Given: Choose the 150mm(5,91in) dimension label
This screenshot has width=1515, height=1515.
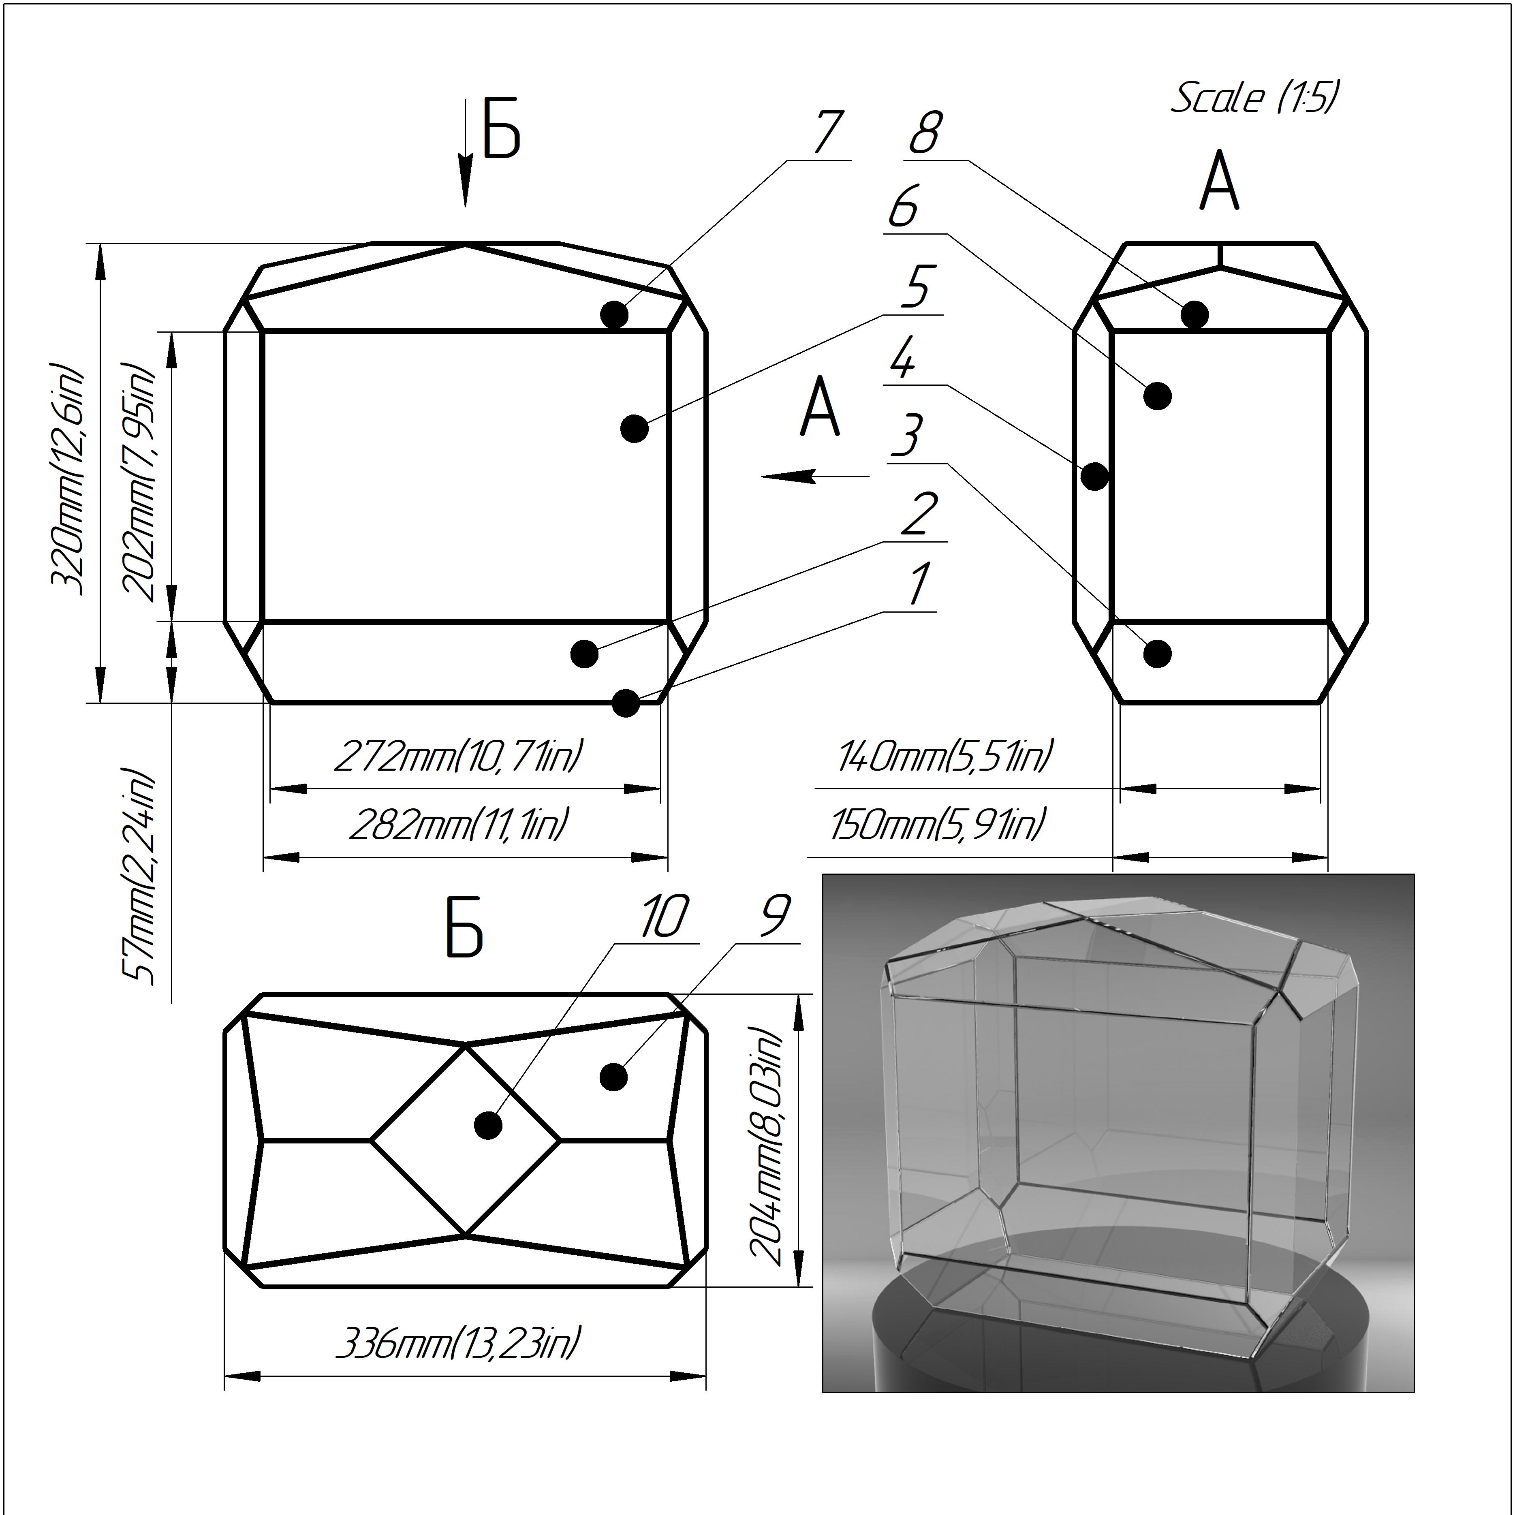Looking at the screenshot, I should click(937, 825).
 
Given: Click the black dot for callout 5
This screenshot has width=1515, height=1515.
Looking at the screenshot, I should click(634, 429).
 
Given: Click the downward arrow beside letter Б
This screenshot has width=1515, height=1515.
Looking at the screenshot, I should click(466, 157).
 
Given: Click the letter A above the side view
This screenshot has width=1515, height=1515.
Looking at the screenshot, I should click(1219, 182).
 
